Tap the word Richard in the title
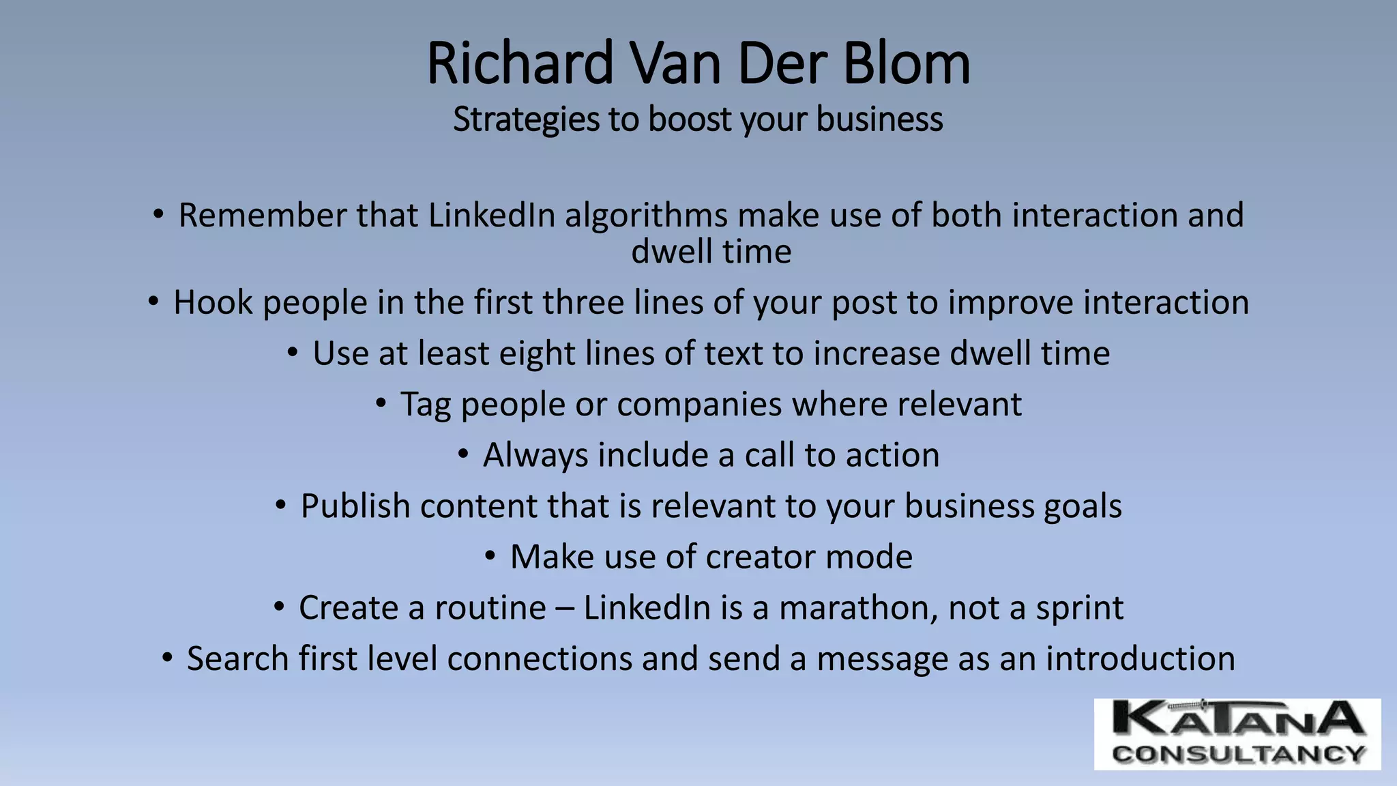click(520, 63)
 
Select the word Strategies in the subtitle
click(526, 120)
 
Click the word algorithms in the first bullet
click(646, 216)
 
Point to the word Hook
click(213, 302)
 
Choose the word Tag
click(426, 405)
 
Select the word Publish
click(355, 507)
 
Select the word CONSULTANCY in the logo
click(1237, 754)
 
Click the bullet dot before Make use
click(490, 557)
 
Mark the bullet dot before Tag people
click(381, 404)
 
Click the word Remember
click(262, 216)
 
